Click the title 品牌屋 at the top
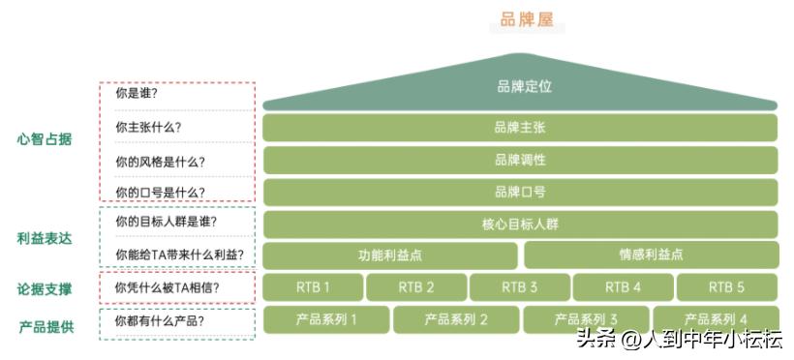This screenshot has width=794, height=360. coord(527,19)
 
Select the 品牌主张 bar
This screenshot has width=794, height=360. coord(520,128)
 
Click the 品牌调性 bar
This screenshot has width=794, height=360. coord(520,160)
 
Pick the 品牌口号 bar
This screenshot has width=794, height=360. coord(520,192)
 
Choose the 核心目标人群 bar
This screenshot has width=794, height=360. coord(520,224)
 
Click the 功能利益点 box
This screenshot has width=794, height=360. coord(390,255)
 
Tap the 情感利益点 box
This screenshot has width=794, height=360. coord(651,255)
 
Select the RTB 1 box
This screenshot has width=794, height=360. coord(313,287)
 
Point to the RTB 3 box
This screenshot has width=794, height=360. coord(520,287)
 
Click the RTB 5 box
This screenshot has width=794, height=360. coord(726,287)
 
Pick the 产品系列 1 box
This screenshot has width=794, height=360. coord(325,319)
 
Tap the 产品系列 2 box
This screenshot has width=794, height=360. coord(456,319)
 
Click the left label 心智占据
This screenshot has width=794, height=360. coord(45,138)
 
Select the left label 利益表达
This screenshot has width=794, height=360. coord(45,238)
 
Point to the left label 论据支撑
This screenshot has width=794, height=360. coord(45,289)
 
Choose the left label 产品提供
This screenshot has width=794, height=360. coord(46,326)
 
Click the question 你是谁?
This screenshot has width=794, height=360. coord(137,95)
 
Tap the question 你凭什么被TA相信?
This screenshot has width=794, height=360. coord(167,287)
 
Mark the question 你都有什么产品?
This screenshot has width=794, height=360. coord(160,320)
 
